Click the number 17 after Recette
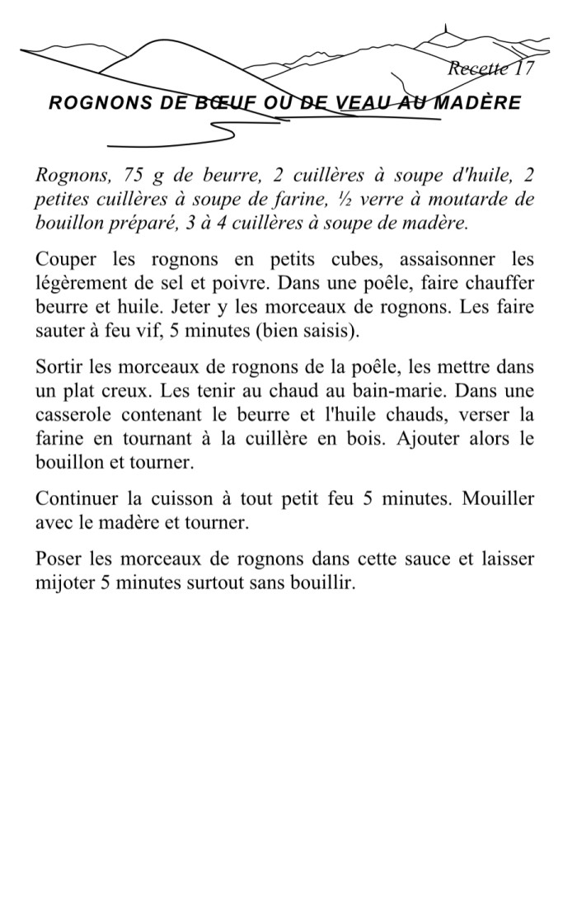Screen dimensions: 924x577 click(524, 68)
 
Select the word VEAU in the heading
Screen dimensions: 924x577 click(364, 103)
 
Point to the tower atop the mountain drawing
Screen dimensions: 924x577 click(446, 34)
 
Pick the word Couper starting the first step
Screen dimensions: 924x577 click(67, 259)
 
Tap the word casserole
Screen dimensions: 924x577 click(70, 414)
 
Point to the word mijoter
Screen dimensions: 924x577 click(63, 583)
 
